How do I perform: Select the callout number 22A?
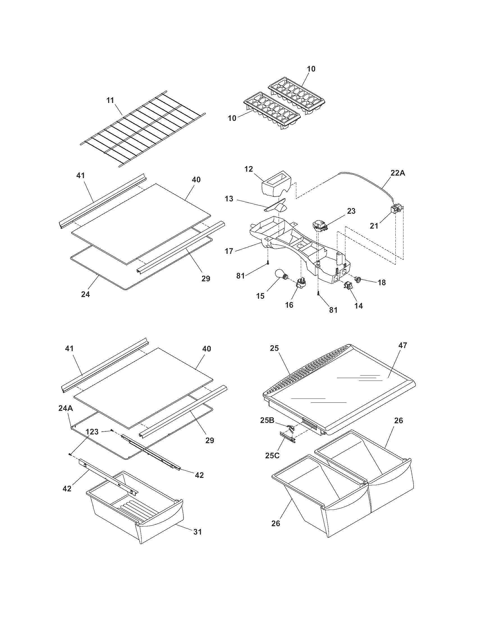[398, 173]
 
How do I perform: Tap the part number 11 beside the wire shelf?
[110, 100]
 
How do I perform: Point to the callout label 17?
[229, 251]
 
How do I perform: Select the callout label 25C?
[272, 455]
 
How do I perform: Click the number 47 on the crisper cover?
[402, 345]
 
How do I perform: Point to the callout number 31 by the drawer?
[198, 531]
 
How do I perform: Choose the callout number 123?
[92, 431]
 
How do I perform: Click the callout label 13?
[229, 199]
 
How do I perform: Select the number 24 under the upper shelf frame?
[85, 294]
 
